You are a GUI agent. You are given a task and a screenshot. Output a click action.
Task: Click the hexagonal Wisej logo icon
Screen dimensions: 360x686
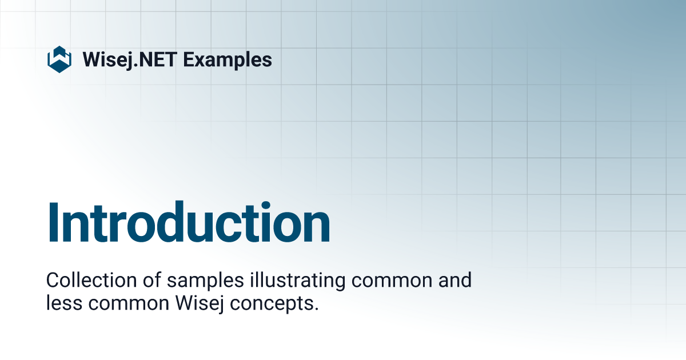coord(59,59)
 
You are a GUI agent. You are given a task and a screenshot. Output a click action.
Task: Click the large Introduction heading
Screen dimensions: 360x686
coord(189,223)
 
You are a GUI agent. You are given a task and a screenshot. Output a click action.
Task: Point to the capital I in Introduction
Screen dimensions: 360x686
coord(54,223)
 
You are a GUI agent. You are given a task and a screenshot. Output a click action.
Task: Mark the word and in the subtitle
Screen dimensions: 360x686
coord(454,281)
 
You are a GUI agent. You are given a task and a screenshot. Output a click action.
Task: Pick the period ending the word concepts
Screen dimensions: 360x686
coord(316,309)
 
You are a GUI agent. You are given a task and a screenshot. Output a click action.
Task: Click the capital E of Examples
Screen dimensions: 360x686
coord(189,59)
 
